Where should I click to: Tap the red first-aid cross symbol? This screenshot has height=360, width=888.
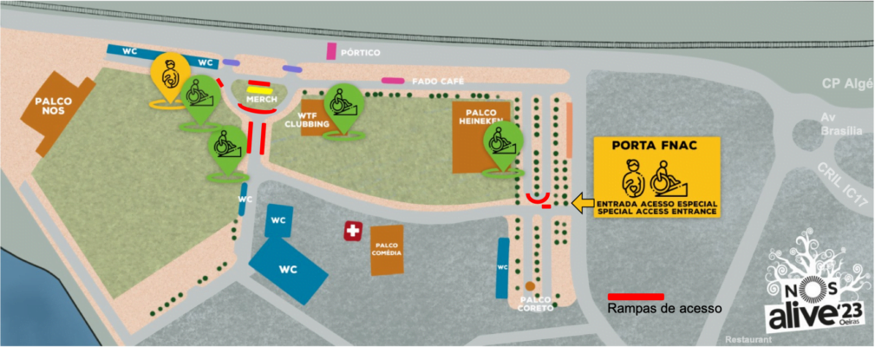click(x=353, y=231)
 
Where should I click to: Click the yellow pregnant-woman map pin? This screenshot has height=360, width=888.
click(x=169, y=75)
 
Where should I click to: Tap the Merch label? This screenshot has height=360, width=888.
click(x=259, y=100)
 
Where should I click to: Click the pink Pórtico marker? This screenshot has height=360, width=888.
click(x=330, y=51)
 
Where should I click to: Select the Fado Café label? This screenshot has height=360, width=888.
click(x=437, y=81)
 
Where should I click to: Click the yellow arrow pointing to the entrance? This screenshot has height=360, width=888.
click(x=583, y=203)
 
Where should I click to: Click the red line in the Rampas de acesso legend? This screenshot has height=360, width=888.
click(x=637, y=296)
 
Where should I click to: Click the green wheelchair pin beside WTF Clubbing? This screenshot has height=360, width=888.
click(x=342, y=106)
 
